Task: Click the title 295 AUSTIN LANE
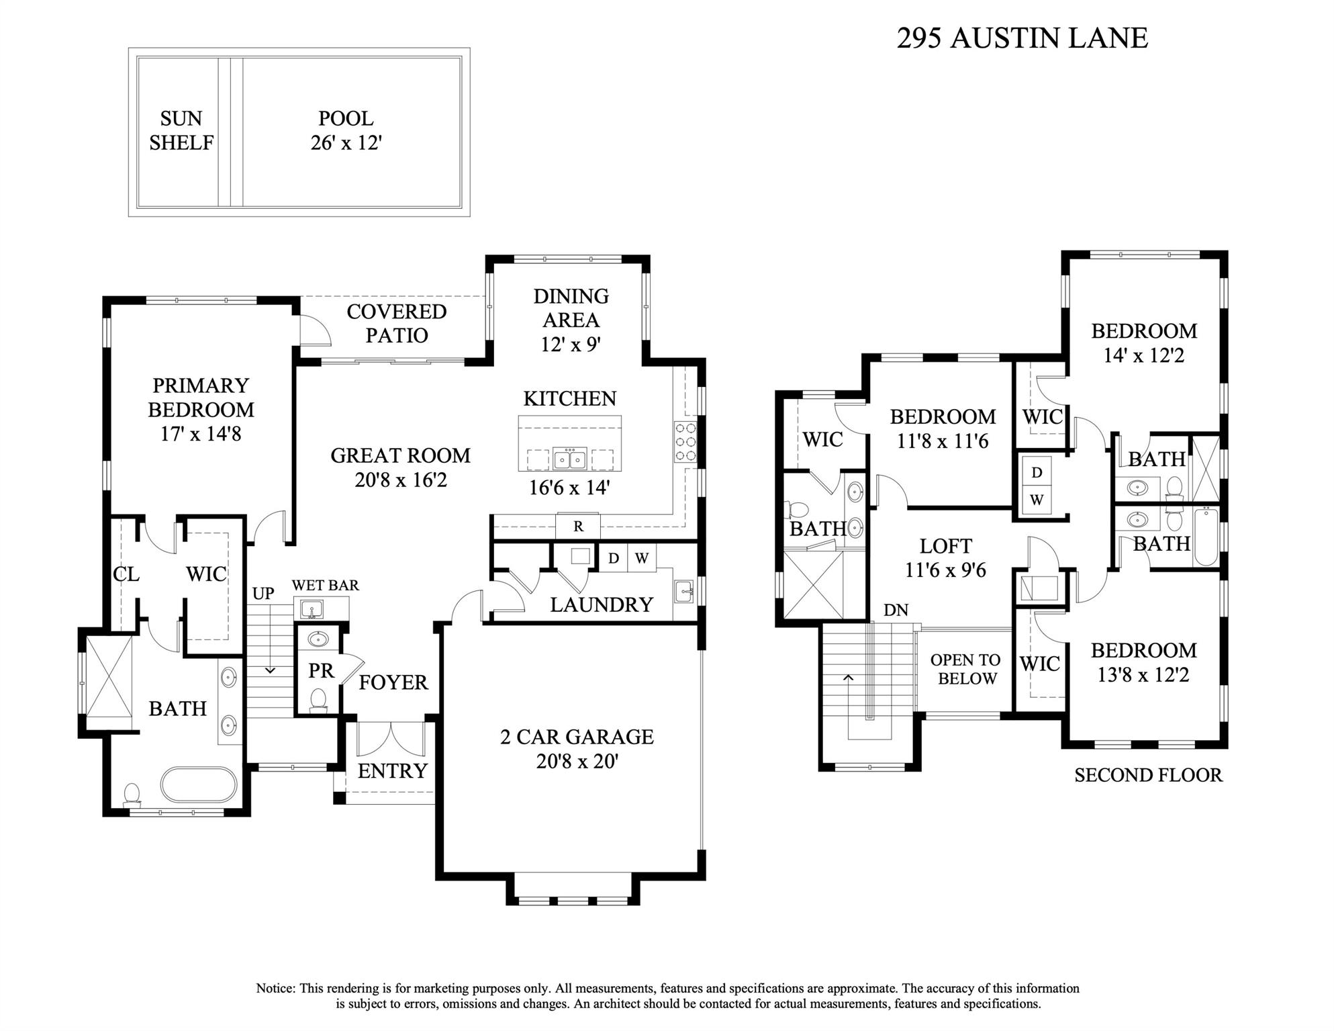[x=1022, y=38]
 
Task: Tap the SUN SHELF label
[x=181, y=131]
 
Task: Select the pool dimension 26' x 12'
[x=346, y=143]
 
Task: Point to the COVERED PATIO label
[x=396, y=323]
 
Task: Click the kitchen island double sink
[x=570, y=459]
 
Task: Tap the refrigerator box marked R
[x=578, y=527]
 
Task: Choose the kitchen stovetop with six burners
[x=685, y=441]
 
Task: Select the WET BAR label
[x=325, y=586]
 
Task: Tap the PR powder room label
[x=321, y=671]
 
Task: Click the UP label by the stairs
[x=263, y=594]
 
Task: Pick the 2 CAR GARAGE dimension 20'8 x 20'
[x=577, y=762]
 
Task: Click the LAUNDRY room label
[x=601, y=605]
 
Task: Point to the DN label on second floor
[x=896, y=610]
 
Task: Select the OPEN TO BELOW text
[x=966, y=669]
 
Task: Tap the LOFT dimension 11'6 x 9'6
[x=945, y=570]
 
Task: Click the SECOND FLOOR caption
[x=1148, y=775]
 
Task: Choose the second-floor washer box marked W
[x=1037, y=500]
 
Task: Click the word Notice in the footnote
[x=275, y=989]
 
